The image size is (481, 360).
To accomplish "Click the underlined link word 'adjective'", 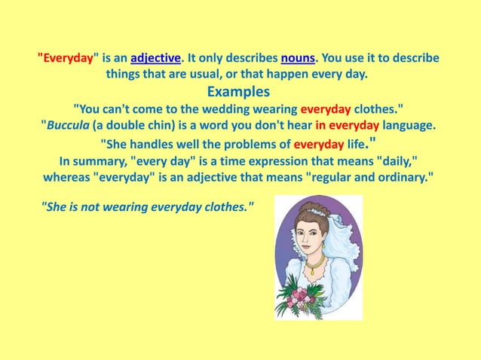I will (155, 58).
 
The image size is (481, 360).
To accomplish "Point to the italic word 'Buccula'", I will (69, 125).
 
